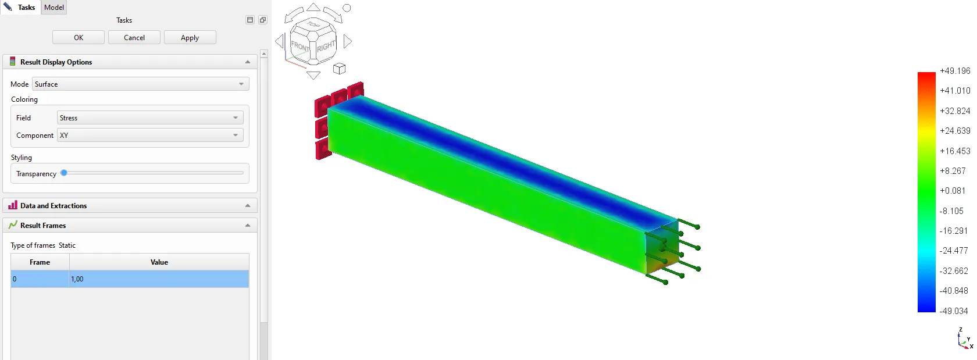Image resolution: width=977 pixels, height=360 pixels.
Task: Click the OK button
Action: coord(79,38)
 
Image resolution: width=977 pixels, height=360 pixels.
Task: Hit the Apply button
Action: coord(190,38)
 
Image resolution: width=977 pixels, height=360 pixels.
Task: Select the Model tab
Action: coord(54,8)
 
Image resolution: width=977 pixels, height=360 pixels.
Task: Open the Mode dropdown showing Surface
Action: coord(141,84)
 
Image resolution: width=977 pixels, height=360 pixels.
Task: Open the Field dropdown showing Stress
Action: coord(150,118)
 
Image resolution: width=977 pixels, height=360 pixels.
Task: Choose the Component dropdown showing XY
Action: coord(150,136)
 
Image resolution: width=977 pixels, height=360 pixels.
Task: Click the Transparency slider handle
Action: coord(64,173)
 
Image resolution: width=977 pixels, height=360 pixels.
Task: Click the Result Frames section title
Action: coord(43,225)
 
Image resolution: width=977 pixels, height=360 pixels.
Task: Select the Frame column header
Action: coord(40,262)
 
